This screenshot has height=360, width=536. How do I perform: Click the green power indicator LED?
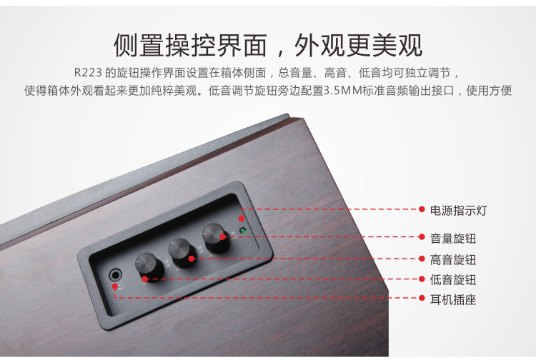click(243, 231)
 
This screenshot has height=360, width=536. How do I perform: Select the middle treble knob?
click(184, 253)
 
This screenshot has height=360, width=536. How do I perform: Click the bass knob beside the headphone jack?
click(150, 267)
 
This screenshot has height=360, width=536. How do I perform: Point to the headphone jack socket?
click(115, 274)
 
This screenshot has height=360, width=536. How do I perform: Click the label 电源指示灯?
click(458, 211)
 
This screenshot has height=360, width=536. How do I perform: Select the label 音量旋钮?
click(453, 239)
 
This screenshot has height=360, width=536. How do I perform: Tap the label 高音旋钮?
click(453, 259)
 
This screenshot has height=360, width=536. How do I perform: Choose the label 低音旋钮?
click(453, 280)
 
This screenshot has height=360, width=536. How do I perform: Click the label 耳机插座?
click(453, 299)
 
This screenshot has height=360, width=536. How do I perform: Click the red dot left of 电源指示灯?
click(422, 209)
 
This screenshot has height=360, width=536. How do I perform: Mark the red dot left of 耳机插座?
click(422, 298)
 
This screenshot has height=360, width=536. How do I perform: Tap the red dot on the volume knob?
click(222, 236)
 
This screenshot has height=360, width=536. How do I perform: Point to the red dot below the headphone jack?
click(115, 286)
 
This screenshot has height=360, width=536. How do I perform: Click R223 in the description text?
click(88, 73)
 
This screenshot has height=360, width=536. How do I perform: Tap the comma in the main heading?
click(280, 52)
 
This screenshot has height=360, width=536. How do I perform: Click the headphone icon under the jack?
click(121, 286)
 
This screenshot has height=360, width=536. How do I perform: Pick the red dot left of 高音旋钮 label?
click(422, 259)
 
